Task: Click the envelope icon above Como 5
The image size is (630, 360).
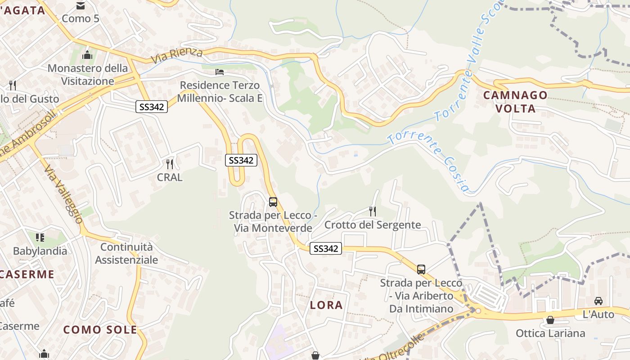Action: coord(80,6)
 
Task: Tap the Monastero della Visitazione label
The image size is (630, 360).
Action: coord(88,75)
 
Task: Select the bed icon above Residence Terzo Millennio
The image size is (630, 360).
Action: coord(219,72)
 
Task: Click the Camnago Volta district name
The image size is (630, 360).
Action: coord(515,102)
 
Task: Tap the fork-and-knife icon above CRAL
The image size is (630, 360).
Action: coord(170,164)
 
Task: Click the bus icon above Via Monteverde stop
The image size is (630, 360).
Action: coord(273,202)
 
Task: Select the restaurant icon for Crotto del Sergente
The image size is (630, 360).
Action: coord(372,211)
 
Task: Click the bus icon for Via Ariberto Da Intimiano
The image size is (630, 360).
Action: coord(421,270)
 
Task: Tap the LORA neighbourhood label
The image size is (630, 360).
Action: coord(326,305)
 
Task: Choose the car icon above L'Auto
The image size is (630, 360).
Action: coord(598,301)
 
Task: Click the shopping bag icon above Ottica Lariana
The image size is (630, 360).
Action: coord(550,320)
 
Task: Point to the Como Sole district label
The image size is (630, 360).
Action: coord(100,330)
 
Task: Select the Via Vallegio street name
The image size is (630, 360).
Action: coord(63,193)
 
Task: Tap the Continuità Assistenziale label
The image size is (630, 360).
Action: coord(126,253)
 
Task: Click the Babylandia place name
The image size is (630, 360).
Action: coord(40,251)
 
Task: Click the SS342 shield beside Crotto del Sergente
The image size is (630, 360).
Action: coord(326,248)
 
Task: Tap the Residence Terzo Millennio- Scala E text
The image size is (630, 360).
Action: coord(220,92)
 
